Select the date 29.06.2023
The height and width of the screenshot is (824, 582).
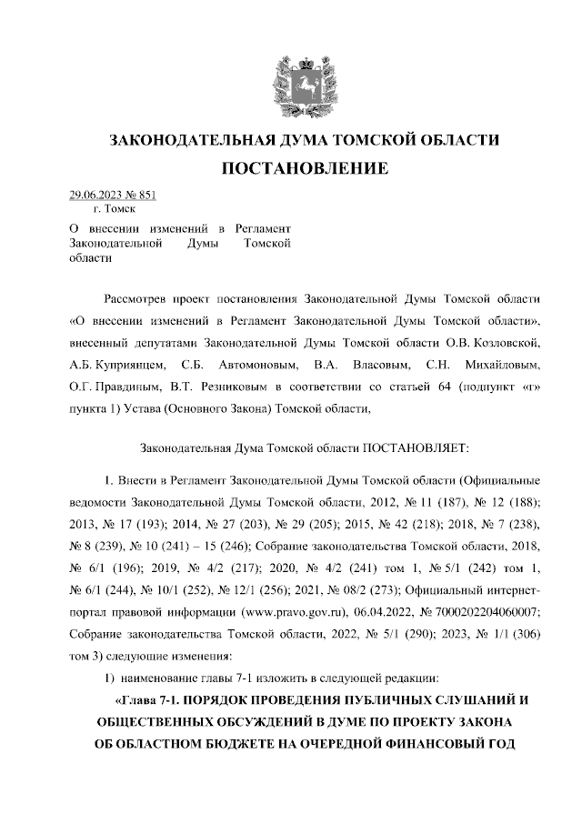click(95, 195)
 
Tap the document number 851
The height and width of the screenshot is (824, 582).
click(146, 195)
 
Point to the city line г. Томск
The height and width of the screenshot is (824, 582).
click(107, 209)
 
